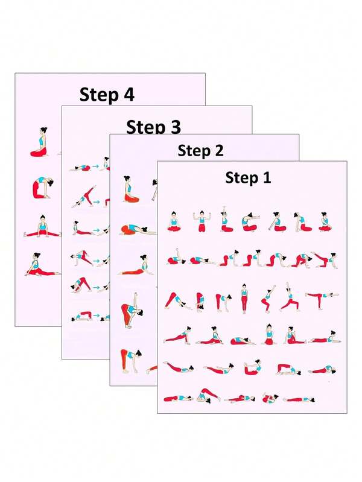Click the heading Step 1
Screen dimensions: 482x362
pyautogui.click(x=249, y=178)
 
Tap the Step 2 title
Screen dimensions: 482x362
pyautogui.click(x=200, y=151)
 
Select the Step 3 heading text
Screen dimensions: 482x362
pyautogui.click(x=153, y=127)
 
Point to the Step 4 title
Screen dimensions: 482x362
pyautogui.click(x=107, y=95)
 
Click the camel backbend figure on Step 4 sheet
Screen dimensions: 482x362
pyautogui.click(x=42, y=188)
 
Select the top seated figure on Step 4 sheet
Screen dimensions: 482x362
pyautogui.click(x=40, y=143)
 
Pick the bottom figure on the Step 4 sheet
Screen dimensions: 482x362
pyautogui.click(x=41, y=265)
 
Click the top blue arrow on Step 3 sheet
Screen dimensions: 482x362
pyautogui.click(x=95, y=167)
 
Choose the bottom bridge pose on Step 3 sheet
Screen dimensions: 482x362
pyautogui.click(x=82, y=316)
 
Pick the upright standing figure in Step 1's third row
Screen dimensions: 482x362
pyautogui.click(x=244, y=298)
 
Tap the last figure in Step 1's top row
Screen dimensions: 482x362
pyautogui.click(x=323, y=222)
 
